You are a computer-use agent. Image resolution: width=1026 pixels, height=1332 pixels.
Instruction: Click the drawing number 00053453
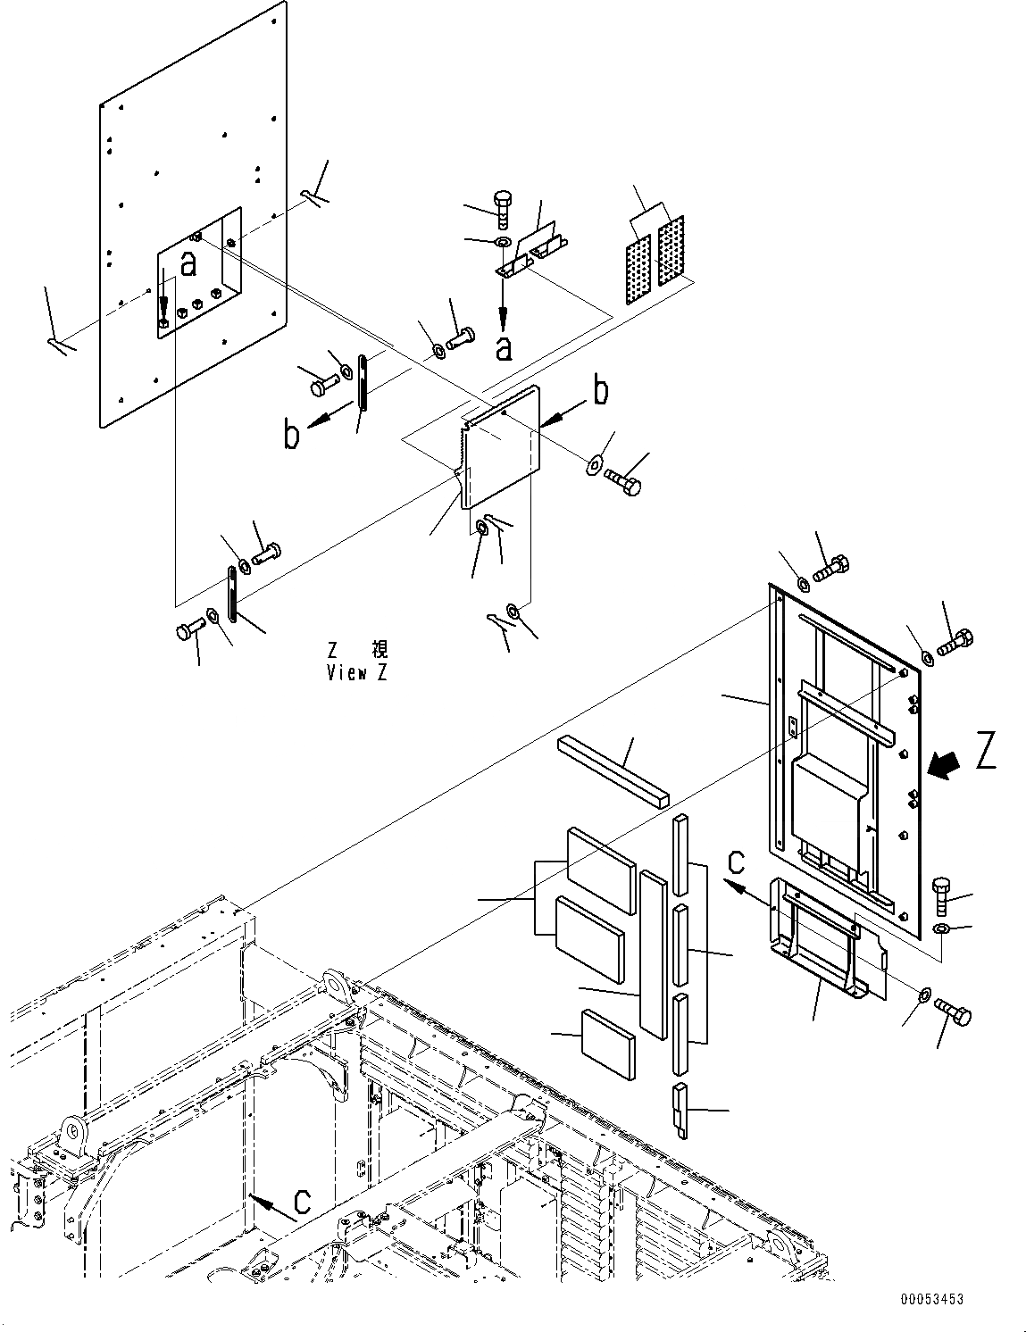coord(931,1301)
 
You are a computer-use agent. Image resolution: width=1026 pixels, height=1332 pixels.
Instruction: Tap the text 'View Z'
coord(356,673)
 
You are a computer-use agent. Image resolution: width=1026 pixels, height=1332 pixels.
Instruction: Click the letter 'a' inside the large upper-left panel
coord(188,263)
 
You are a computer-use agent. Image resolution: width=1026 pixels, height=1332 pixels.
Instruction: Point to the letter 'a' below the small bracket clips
coord(505,348)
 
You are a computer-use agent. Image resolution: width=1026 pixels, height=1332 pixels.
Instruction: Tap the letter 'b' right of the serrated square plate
coord(602,391)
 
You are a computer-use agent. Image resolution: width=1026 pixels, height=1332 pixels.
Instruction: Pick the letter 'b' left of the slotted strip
coord(291,437)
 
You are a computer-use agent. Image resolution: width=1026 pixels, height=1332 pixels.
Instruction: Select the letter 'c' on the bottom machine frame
coord(303,1202)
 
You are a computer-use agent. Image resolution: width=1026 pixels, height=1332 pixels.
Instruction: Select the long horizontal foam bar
coord(614,771)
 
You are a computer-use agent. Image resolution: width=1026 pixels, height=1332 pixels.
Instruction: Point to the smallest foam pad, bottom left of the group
coord(608,1044)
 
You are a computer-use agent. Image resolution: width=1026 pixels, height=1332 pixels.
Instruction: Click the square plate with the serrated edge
coord(502,448)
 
